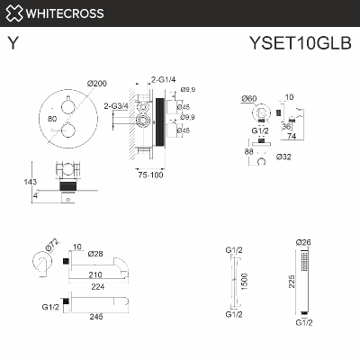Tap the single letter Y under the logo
coord(12,41)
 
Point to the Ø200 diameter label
coord(97,84)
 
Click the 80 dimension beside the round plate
coord(53,117)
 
